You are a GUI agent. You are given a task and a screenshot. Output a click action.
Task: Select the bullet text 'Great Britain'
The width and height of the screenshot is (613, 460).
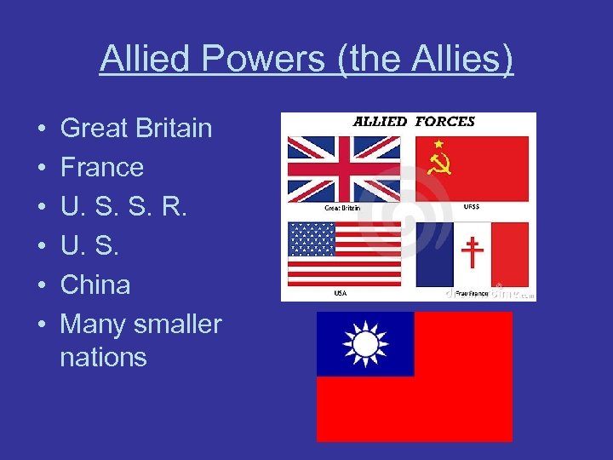136,128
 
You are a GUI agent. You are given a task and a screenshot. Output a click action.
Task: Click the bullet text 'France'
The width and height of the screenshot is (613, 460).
101,167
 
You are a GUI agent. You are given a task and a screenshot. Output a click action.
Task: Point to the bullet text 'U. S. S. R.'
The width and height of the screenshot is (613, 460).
122,206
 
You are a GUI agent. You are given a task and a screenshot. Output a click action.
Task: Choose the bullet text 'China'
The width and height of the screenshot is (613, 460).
95,285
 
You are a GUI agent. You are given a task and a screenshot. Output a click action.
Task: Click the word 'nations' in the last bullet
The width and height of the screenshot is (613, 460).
103,356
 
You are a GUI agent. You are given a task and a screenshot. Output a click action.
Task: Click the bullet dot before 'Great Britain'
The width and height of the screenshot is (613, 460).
42,129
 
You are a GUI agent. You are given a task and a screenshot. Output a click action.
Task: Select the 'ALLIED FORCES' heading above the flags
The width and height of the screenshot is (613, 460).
414,122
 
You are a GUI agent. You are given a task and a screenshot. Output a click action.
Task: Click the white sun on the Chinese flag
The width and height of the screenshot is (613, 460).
365,344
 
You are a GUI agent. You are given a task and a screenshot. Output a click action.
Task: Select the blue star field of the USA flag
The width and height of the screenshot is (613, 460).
312,239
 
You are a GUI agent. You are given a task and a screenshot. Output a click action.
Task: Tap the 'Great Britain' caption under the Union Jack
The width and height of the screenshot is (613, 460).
341,207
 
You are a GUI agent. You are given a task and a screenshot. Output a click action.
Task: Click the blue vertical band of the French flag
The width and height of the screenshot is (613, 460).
433,254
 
